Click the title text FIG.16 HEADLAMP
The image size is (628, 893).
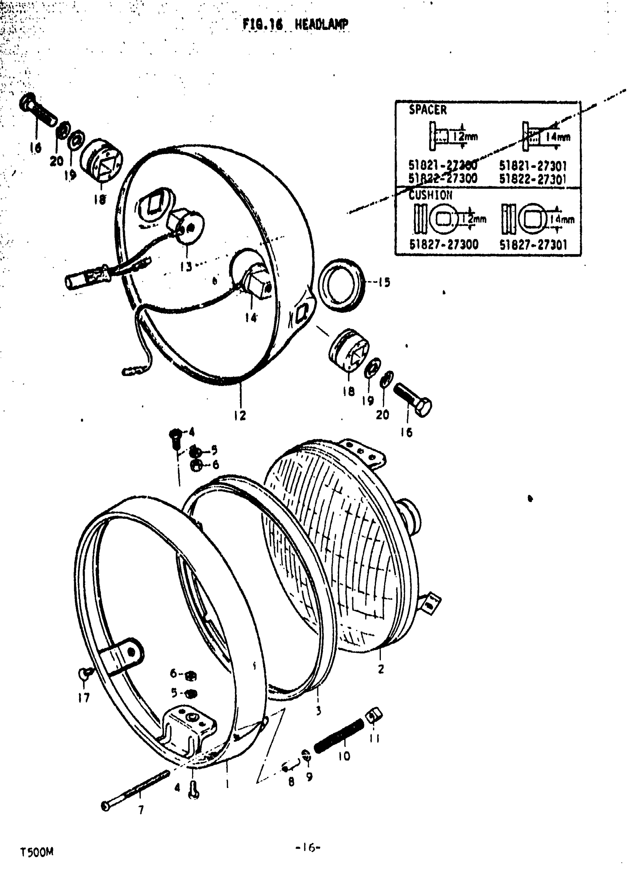point(296,24)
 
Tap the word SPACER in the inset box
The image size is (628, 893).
point(427,110)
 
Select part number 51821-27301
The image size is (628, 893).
point(532,166)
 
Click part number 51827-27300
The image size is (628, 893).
point(444,244)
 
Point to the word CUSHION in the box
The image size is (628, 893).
point(431,195)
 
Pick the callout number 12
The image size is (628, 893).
point(240,415)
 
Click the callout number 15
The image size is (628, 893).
point(384,283)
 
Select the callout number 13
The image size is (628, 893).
point(186,267)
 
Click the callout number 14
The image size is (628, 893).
point(251,318)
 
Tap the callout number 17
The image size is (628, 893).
point(83,698)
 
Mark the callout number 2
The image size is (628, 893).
point(381,669)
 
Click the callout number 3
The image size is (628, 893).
point(318,711)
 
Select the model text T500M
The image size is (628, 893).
point(37,852)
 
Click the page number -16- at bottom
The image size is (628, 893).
point(308,848)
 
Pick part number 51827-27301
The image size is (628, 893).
point(533,245)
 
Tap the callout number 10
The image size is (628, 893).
point(344,756)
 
